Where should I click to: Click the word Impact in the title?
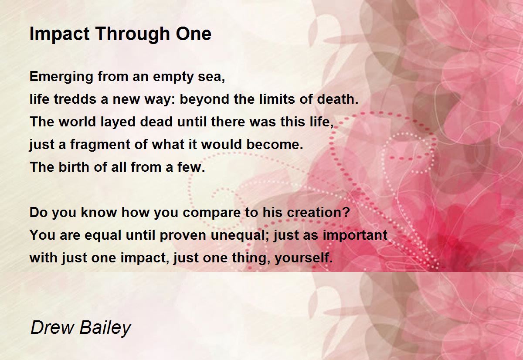pos(60,34)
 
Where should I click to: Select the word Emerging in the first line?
pos(61,77)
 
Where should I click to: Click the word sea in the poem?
pos(211,77)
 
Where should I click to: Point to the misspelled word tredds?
pos(75,99)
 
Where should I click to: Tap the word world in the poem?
pos(77,122)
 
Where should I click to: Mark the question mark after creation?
pos(346,212)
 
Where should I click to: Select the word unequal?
pos(240,235)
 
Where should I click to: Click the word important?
pos(355,235)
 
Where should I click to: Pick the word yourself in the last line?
pos(303,258)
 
